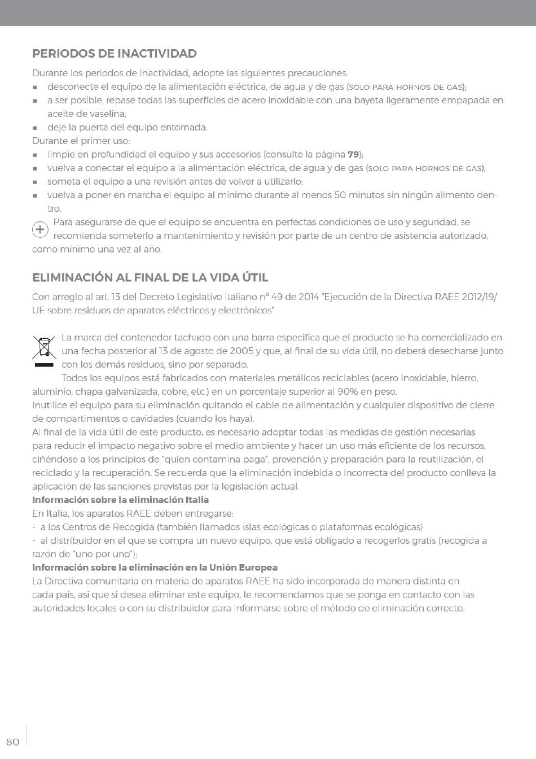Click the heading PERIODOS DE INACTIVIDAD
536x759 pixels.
115,54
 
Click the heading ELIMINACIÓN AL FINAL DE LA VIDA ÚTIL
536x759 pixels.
150,278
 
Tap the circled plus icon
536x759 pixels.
40,229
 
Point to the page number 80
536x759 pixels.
12,741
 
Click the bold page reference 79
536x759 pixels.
354,154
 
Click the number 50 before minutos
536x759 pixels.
340,195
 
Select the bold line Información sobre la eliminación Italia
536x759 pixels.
120,500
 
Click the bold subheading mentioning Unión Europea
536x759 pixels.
155,568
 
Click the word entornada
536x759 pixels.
183,127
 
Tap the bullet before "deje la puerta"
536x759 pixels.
35,128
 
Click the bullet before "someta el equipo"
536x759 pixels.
35,182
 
